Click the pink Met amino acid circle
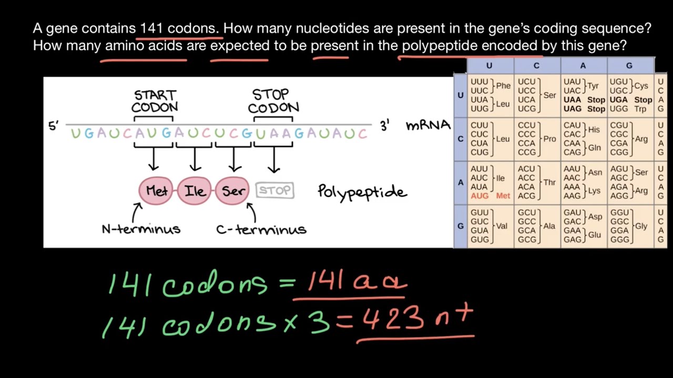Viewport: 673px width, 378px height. point(156,191)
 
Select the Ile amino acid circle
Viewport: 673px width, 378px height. point(195,191)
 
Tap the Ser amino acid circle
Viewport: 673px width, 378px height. point(233,191)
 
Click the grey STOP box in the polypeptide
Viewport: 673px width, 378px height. point(274,191)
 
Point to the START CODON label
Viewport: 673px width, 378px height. point(155,101)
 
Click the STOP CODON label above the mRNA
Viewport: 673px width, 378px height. point(273,101)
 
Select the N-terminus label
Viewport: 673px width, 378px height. point(141,229)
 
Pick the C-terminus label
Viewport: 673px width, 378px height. point(261,229)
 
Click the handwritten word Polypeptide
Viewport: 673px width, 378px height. point(362,192)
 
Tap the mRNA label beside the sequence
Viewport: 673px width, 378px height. point(428,125)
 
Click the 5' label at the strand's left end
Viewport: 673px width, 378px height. point(54,127)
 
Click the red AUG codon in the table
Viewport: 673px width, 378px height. point(480,196)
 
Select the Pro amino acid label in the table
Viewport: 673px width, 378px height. point(549,139)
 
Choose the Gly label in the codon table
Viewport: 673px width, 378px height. point(641,226)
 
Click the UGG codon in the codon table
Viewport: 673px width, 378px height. point(619,109)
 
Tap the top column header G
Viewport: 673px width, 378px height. point(629,66)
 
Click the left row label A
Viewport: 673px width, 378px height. point(461,183)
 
